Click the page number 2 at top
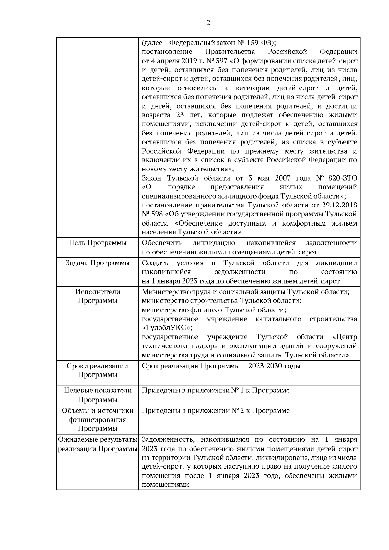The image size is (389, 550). pyautogui.click(x=208, y=23)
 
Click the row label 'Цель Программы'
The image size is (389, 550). pyautogui.click(x=98, y=243)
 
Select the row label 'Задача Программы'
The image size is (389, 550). pyautogui.click(x=98, y=263)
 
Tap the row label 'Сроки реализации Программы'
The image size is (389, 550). pyautogui.click(x=98, y=370)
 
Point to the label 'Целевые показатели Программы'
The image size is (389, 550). pyautogui.click(x=98, y=395)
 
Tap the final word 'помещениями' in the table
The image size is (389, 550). pyautogui.click(x=165, y=485)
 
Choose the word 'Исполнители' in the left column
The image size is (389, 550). pyautogui.click(x=98, y=292)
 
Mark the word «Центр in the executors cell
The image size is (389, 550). pyautogui.click(x=345, y=337)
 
